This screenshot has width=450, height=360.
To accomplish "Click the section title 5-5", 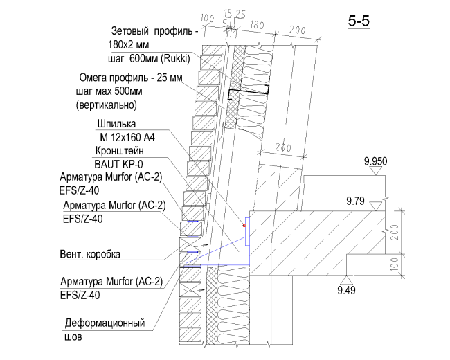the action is pyautogui.click(x=359, y=21).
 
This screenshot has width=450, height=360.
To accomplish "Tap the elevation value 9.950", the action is pyautogui.click(x=375, y=161).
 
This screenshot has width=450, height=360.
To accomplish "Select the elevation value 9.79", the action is pyautogui.click(x=355, y=201).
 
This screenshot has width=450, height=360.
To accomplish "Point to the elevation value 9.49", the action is pyautogui.click(x=346, y=291).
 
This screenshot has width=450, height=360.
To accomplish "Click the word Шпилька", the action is pyautogui.click(x=116, y=124).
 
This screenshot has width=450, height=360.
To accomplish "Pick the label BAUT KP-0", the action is pyautogui.click(x=118, y=165).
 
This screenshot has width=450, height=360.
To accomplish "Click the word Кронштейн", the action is pyautogui.click(x=119, y=151).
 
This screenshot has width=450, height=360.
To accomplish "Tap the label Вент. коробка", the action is pyautogui.click(x=90, y=254).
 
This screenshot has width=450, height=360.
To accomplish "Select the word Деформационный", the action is pyautogui.click(x=105, y=323).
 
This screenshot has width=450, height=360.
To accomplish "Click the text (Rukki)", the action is pyautogui.click(x=175, y=59).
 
